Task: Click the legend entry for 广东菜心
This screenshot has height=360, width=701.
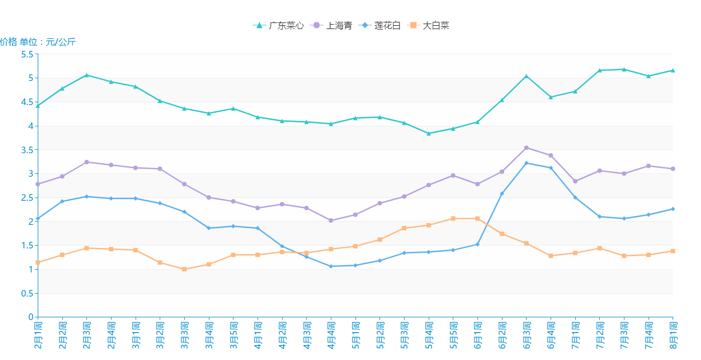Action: pyautogui.click(x=278, y=25)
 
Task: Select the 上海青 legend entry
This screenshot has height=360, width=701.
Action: pyautogui.click(x=331, y=25)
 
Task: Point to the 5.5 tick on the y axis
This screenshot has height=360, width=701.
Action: pyautogui.click(x=27, y=54)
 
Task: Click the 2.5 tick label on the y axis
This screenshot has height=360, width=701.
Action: pyautogui.click(x=27, y=198)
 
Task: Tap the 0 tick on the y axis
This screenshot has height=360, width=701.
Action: pyautogui.click(x=31, y=317)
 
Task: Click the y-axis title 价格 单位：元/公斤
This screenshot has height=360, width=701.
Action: pyautogui.click(x=38, y=42)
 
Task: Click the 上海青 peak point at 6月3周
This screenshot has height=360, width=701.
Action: pyautogui.click(x=527, y=148)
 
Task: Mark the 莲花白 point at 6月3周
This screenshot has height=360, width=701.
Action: pyautogui.click(x=527, y=163)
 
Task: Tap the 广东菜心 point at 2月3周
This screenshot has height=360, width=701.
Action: pyautogui.click(x=86, y=75)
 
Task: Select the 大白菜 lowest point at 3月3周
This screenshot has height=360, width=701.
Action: pyautogui.click(x=184, y=269)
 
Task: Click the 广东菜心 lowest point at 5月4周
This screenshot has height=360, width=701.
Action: pyautogui.click(x=429, y=133)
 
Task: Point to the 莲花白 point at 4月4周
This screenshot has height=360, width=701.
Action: pyautogui.click(x=331, y=266)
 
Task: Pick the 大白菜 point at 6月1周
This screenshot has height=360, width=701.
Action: pyautogui.click(x=477, y=219)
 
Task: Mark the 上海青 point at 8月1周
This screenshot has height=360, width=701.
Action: pyautogui.click(x=673, y=169)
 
